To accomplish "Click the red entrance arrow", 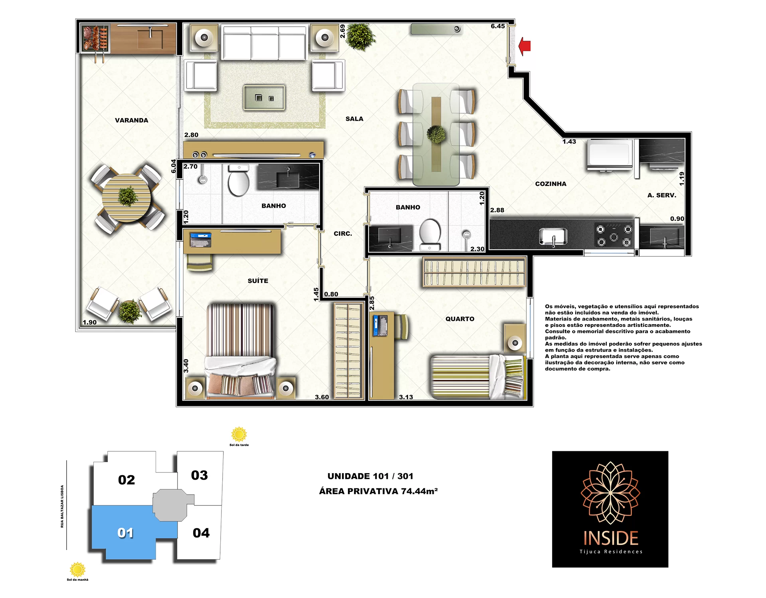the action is click(x=525, y=46).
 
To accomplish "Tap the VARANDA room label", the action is click(x=131, y=120).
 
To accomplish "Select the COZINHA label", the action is click(x=551, y=184).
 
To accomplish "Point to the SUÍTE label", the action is click(x=258, y=281).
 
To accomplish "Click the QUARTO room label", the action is click(x=460, y=319).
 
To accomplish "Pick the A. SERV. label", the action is click(x=662, y=195).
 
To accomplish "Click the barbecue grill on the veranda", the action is click(x=95, y=38).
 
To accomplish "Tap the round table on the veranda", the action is click(x=126, y=198).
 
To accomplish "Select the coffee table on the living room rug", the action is click(x=264, y=97).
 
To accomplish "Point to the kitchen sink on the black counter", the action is click(x=553, y=237).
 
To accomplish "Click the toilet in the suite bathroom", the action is click(x=239, y=181).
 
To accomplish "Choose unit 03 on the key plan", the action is click(x=199, y=475).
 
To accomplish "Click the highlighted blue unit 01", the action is click(x=126, y=532).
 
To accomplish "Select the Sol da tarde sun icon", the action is click(x=239, y=435).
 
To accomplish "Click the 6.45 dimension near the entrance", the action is click(x=498, y=26).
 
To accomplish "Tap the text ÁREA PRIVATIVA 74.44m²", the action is click(x=378, y=491).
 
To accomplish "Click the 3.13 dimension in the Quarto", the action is click(x=406, y=397).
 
